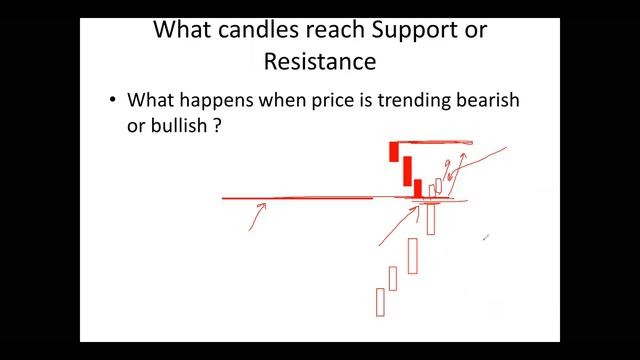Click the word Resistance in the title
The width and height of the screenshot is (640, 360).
319,61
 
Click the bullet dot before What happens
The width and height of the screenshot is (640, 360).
113,101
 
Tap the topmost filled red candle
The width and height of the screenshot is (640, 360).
394,152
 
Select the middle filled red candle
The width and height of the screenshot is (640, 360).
407,170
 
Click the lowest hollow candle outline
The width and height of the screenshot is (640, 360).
380,301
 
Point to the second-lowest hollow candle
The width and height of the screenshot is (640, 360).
393,278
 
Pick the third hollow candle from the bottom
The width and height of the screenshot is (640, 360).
412,255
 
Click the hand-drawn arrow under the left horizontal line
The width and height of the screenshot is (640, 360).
257,215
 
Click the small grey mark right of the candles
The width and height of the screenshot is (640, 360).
485,237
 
